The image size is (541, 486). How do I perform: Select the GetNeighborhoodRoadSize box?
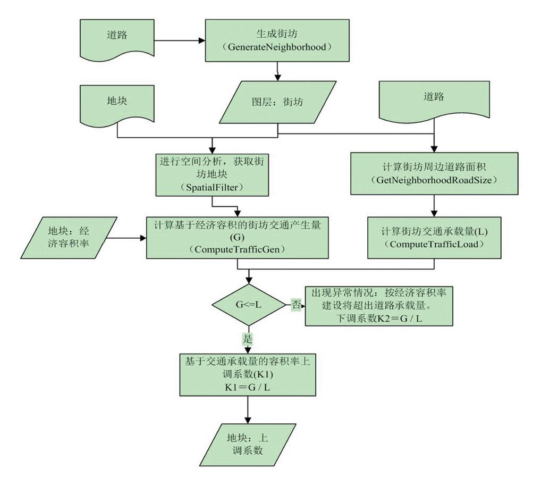click(435, 173)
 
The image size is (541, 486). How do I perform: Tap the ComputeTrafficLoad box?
click(435, 237)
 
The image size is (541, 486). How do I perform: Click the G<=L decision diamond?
click(248, 305)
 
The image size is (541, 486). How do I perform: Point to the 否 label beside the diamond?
click(295, 305)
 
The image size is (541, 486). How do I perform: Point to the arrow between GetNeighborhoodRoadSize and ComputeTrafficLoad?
click(435, 204)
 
